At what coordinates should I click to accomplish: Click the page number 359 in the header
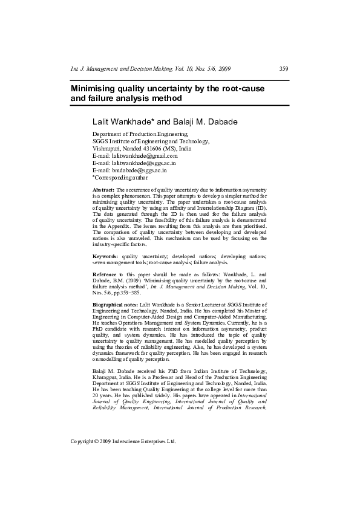(x=284, y=69)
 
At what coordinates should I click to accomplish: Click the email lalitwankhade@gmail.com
(x=144, y=155)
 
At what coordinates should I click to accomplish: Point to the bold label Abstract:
(x=103, y=190)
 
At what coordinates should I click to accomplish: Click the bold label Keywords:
(x=105, y=256)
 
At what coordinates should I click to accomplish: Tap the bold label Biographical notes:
(x=115, y=304)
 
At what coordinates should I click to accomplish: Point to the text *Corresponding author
(x=120, y=178)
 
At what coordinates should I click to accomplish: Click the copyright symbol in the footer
(x=97, y=441)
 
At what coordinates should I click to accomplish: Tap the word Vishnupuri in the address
(x=106, y=148)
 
